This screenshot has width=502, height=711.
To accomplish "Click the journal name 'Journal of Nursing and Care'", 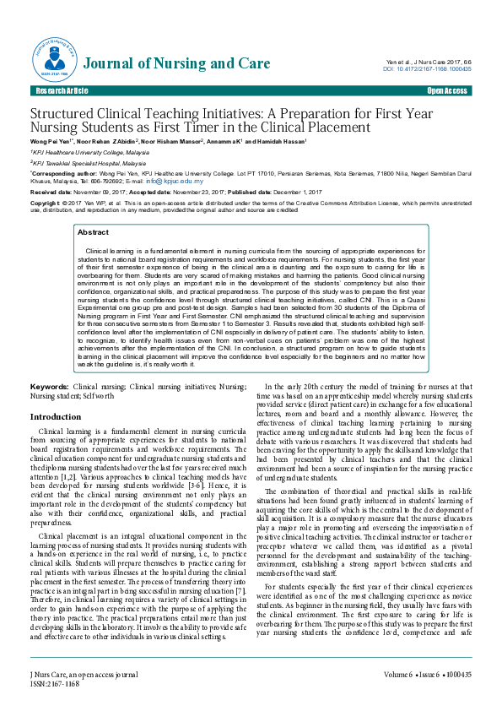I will coord(178,64).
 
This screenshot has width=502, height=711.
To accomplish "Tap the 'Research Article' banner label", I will coord(61,90).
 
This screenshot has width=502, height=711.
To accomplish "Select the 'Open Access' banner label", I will coord(447,90).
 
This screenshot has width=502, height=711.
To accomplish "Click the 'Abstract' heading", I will coord(93,231).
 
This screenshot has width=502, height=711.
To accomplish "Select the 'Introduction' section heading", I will coord(56,417).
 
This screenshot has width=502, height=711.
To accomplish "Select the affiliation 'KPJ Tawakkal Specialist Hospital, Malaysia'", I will coord(89,162).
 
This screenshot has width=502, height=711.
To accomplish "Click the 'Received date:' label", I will coord(53,193).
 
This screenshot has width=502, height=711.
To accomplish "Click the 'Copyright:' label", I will coord(46,204).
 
